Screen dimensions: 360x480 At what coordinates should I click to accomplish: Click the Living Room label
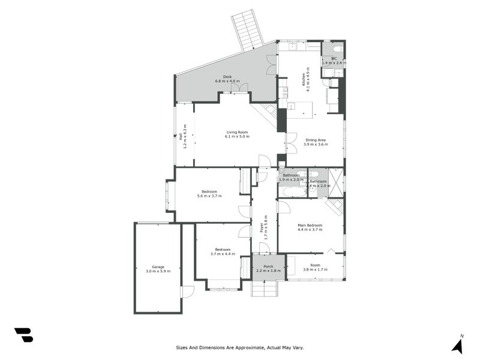(236, 132)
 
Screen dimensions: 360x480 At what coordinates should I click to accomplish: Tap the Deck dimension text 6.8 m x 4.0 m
(227, 81)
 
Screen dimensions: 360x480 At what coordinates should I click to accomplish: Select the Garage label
(158, 266)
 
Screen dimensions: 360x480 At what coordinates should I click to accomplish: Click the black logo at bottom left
(23, 335)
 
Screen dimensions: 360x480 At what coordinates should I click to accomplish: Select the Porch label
(268, 266)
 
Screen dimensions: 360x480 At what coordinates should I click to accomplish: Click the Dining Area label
(316, 140)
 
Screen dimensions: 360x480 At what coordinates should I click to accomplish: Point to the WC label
(334, 59)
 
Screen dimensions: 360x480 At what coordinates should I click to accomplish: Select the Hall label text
(181, 136)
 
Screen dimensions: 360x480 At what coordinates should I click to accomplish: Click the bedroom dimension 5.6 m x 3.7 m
(209, 196)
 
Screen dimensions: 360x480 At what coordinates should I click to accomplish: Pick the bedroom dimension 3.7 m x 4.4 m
(223, 254)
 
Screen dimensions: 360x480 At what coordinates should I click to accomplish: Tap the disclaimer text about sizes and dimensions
(243, 347)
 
